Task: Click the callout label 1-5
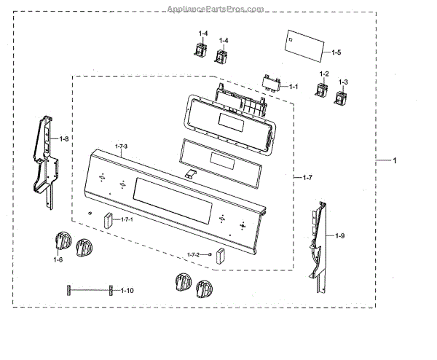[x=336, y=52]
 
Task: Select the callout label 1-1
[x=294, y=87]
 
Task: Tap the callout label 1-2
[x=324, y=75]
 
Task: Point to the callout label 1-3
[x=343, y=82]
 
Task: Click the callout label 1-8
[x=64, y=139]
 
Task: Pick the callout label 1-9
[x=340, y=235]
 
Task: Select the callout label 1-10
[x=127, y=291]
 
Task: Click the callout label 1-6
[x=58, y=259]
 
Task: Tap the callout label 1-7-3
[x=120, y=146]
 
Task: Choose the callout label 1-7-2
[x=193, y=254]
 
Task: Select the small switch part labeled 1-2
[x=319, y=93]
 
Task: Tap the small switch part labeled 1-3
[x=341, y=98]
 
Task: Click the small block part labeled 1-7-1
[x=109, y=221]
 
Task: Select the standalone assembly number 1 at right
[x=395, y=161]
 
